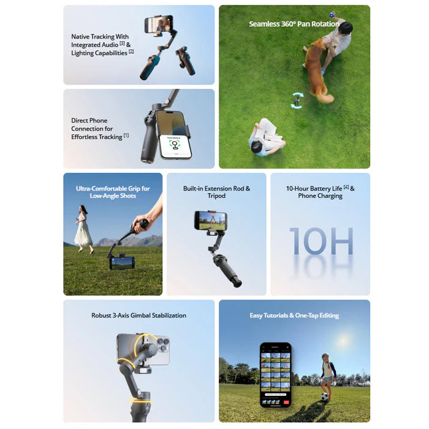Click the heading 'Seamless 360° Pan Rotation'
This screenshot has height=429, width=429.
click(294, 24)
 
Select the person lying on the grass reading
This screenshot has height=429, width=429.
click(265, 139)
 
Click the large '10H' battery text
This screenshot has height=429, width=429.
click(321, 241)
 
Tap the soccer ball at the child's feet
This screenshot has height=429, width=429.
click(324, 396)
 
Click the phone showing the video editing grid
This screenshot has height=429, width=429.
click(275, 374)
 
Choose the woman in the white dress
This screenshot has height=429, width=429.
click(83, 228)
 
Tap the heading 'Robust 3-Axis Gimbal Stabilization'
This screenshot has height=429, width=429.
click(139, 316)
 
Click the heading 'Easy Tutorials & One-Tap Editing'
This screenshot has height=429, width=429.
click(294, 316)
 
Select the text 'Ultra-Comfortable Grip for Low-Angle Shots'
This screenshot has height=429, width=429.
click(113, 192)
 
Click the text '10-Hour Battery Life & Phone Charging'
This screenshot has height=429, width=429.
click(320, 192)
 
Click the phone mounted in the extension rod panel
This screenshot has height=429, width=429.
click(210, 221)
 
